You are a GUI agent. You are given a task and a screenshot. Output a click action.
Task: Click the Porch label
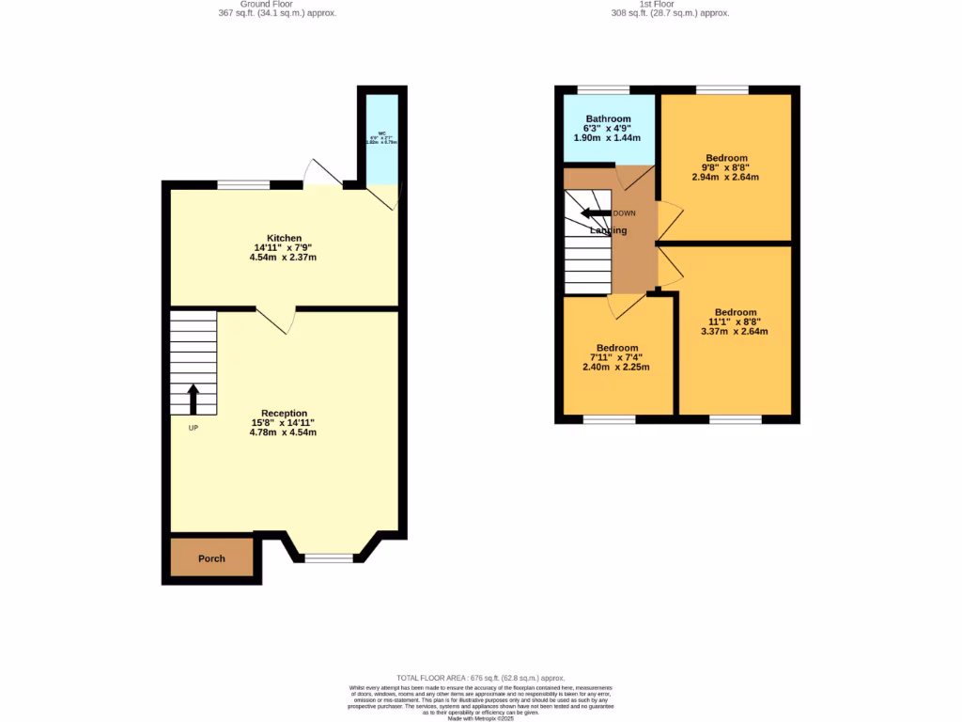click(x=211, y=558)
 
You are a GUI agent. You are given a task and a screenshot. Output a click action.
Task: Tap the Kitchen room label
click(x=284, y=238)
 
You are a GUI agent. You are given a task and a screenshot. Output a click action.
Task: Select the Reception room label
click(x=284, y=413)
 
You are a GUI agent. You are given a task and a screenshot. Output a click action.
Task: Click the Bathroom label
click(x=608, y=118)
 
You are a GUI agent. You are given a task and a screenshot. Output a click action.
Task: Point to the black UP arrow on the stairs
click(x=194, y=399)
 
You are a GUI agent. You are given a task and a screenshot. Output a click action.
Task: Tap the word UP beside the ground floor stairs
click(x=193, y=428)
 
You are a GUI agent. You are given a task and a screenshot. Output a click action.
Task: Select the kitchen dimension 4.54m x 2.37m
click(x=284, y=258)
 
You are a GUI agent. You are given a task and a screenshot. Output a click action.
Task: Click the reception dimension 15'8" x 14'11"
click(x=284, y=423)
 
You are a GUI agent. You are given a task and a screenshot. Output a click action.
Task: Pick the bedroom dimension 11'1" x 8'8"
click(x=735, y=322)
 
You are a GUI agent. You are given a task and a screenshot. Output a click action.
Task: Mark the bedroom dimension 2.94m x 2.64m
click(x=726, y=177)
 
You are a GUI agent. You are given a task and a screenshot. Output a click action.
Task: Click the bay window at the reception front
click(x=330, y=558)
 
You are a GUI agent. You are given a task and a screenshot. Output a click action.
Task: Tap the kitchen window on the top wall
click(x=243, y=184)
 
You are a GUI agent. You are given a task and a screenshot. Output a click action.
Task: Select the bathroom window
click(x=603, y=90)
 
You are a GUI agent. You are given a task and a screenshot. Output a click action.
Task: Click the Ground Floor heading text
click(x=276, y=8)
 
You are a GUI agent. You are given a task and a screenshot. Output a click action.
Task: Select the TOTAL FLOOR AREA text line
click(x=480, y=678)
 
